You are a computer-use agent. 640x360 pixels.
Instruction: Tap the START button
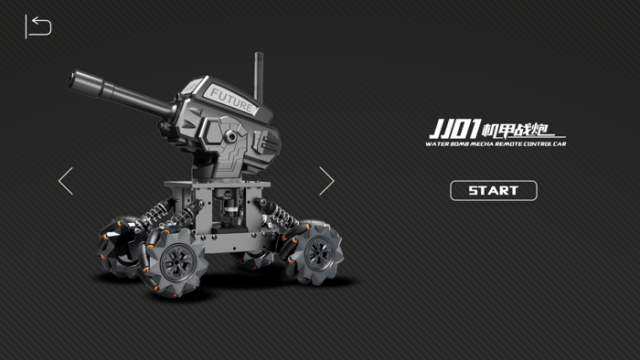coord(493,191)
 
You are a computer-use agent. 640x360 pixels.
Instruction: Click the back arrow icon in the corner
coord(37,26)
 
